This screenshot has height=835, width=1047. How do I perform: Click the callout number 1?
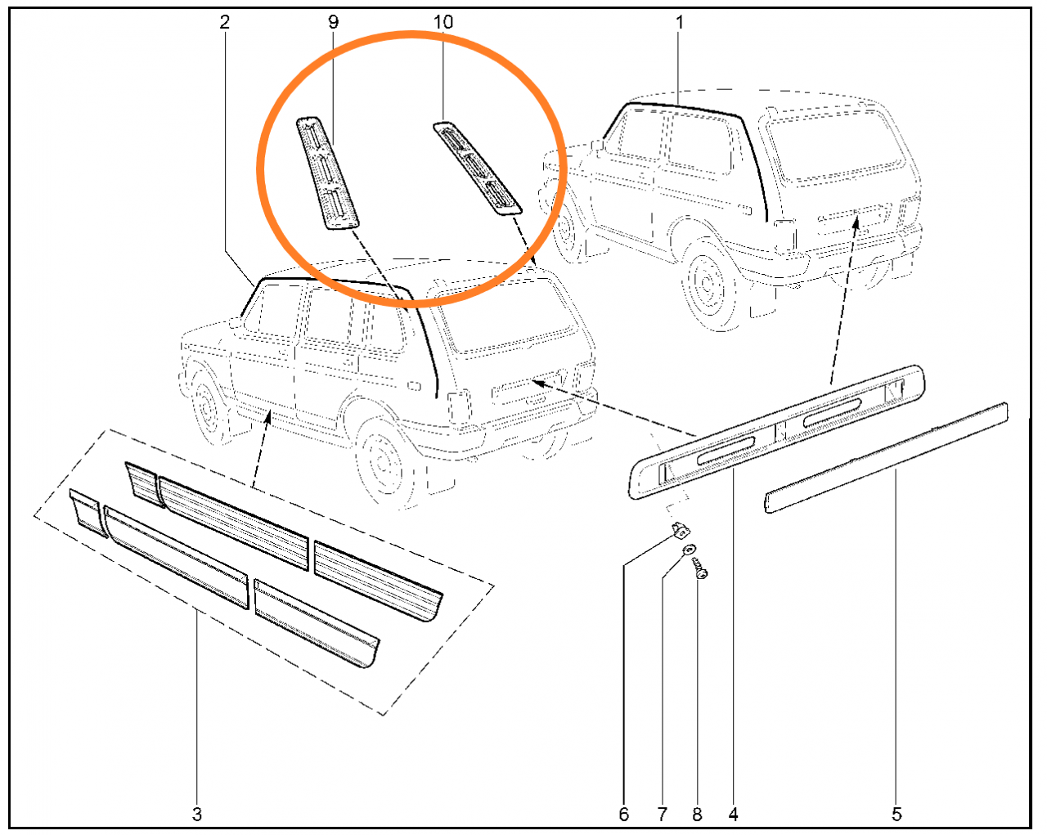(x=680, y=22)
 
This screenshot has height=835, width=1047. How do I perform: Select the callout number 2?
(x=224, y=22)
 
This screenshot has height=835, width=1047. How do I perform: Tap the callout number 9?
(x=333, y=22)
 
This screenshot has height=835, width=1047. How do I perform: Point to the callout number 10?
(x=443, y=22)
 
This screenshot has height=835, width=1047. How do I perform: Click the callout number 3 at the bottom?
(x=196, y=814)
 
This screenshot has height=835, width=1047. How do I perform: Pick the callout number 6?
(x=624, y=814)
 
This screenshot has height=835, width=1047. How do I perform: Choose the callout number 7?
(x=663, y=814)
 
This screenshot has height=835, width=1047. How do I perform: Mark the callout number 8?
(x=697, y=814)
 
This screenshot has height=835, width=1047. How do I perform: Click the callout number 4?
(x=733, y=814)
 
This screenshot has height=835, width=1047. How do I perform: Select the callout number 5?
(x=896, y=814)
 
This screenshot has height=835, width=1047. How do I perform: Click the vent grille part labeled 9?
(x=327, y=173)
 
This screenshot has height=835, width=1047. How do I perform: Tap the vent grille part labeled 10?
(x=477, y=168)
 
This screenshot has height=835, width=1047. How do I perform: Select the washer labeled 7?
(x=690, y=550)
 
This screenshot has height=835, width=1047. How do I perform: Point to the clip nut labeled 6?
(x=681, y=531)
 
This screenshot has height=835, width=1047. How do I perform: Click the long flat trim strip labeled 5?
(x=886, y=457)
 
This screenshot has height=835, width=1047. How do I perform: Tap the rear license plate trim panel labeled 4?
(x=776, y=432)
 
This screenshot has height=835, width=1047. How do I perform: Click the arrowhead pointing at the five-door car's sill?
(x=268, y=417)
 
